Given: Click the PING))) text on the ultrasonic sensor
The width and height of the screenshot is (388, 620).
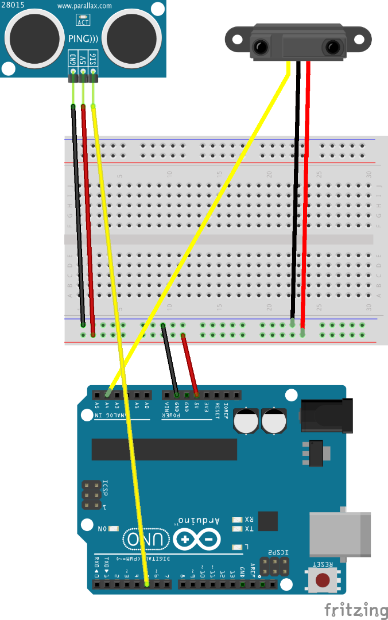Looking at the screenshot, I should pos(84,39).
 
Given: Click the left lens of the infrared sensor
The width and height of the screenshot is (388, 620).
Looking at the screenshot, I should pos(262,46).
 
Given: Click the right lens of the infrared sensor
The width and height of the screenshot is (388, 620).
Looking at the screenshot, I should pos(332,46).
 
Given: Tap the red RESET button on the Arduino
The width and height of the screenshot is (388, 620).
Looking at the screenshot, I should pos(324,579).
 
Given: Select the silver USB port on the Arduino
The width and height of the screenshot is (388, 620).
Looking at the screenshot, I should pos(339,534).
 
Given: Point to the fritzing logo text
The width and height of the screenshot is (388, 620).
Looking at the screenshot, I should pos(356,609).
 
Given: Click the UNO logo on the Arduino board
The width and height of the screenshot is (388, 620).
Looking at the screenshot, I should pos(146,539).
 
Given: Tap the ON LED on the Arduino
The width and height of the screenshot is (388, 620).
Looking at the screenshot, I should pos(112,528).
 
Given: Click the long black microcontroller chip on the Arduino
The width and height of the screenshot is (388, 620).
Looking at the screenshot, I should pos(164,449).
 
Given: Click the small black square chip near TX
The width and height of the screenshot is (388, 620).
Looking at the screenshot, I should pos(267,521).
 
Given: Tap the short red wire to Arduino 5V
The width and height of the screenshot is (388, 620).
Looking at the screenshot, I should pos(189,365).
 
